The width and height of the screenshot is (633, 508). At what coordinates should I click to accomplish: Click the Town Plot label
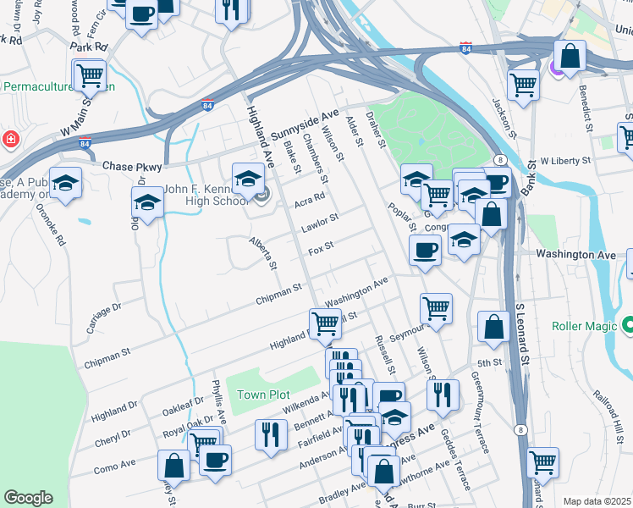click(263, 395)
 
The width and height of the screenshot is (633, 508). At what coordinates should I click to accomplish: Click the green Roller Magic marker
click(627, 324)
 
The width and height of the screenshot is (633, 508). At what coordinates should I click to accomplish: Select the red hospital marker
click(9, 138)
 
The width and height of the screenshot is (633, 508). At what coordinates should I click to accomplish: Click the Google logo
click(28, 498)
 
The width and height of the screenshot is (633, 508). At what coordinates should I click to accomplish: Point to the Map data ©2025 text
click(597, 501)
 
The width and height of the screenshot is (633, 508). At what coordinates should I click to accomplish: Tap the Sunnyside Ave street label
click(305, 124)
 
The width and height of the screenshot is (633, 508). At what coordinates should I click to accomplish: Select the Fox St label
click(321, 250)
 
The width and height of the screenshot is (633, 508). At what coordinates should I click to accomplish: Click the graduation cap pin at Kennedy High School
click(248, 180)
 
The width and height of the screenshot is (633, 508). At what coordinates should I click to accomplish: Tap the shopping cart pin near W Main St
click(89, 76)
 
